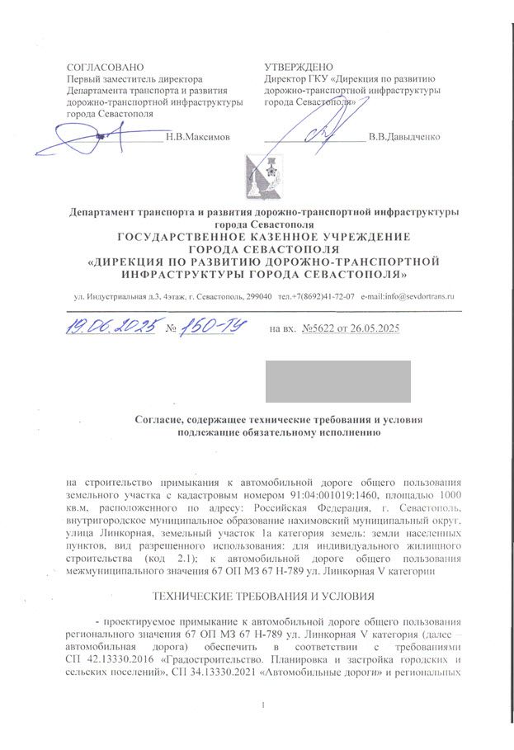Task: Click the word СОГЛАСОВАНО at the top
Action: [x=105, y=66]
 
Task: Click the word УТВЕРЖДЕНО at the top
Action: [x=299, y=66]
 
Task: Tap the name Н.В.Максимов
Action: [x=198, y=135]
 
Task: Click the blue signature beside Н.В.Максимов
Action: [x=91, y=136]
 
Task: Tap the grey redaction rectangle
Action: [x=337, y=381]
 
